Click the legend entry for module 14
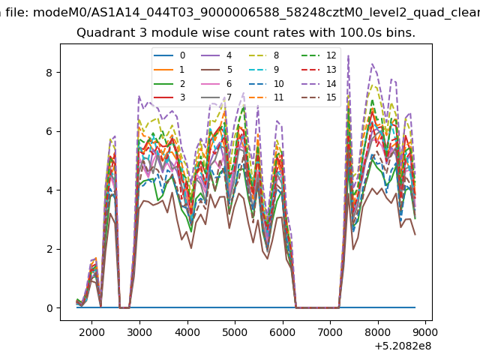(319, 83)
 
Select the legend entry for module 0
(169, 55)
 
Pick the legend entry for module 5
(217, 70)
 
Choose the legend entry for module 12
(319, 55)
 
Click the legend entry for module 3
(169, 97)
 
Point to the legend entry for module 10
(265, 83)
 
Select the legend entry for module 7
(217, 97)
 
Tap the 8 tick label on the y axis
(49, 73)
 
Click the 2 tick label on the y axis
(49, 249)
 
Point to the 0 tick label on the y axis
(49, 308)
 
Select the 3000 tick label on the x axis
(139, 332)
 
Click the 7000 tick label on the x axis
(330, 332)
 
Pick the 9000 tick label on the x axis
(425, 332)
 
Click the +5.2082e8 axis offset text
(403, 346)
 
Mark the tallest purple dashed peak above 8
(348, 55)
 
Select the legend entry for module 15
(319, 97)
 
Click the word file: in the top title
(17, 13)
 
